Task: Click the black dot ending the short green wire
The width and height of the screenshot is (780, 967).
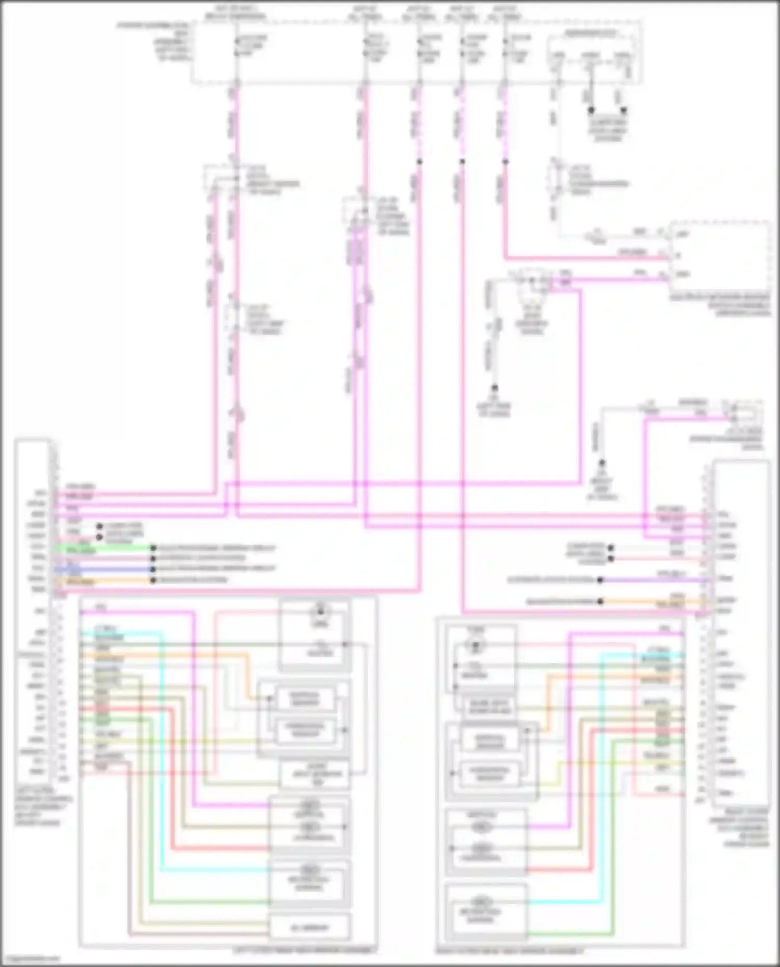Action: pyautogui.click(x=153, y=548)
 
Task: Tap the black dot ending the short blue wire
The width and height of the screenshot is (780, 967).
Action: pyautogui.click(x=153, y=568)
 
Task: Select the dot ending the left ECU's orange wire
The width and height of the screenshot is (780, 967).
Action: pyautogui.click(x=153, y=580)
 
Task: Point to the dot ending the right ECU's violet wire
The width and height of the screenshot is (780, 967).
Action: pyautogui.click(x=600, y=580)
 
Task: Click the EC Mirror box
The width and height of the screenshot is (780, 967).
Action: pyautogui.click(x=309, y=928)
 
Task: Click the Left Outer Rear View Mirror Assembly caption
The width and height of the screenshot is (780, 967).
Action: pyautogui.click(x=304, y=950)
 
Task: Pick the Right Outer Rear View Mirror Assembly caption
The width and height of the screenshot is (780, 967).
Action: pyautogui.click(x=510, y=951)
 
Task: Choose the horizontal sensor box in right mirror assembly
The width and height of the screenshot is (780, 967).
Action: pyautogui.click(x=489, y=773)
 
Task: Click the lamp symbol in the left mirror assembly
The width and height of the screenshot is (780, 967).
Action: pyautogui.click(x=320, y=612)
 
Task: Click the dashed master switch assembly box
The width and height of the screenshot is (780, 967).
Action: pyautogui.click(x=720, y=257)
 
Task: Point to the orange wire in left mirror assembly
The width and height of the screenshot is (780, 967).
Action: pyautogui.click(x=250, y=675)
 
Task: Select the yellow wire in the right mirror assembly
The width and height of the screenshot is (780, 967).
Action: pyautogui.click(x=559, y=774)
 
